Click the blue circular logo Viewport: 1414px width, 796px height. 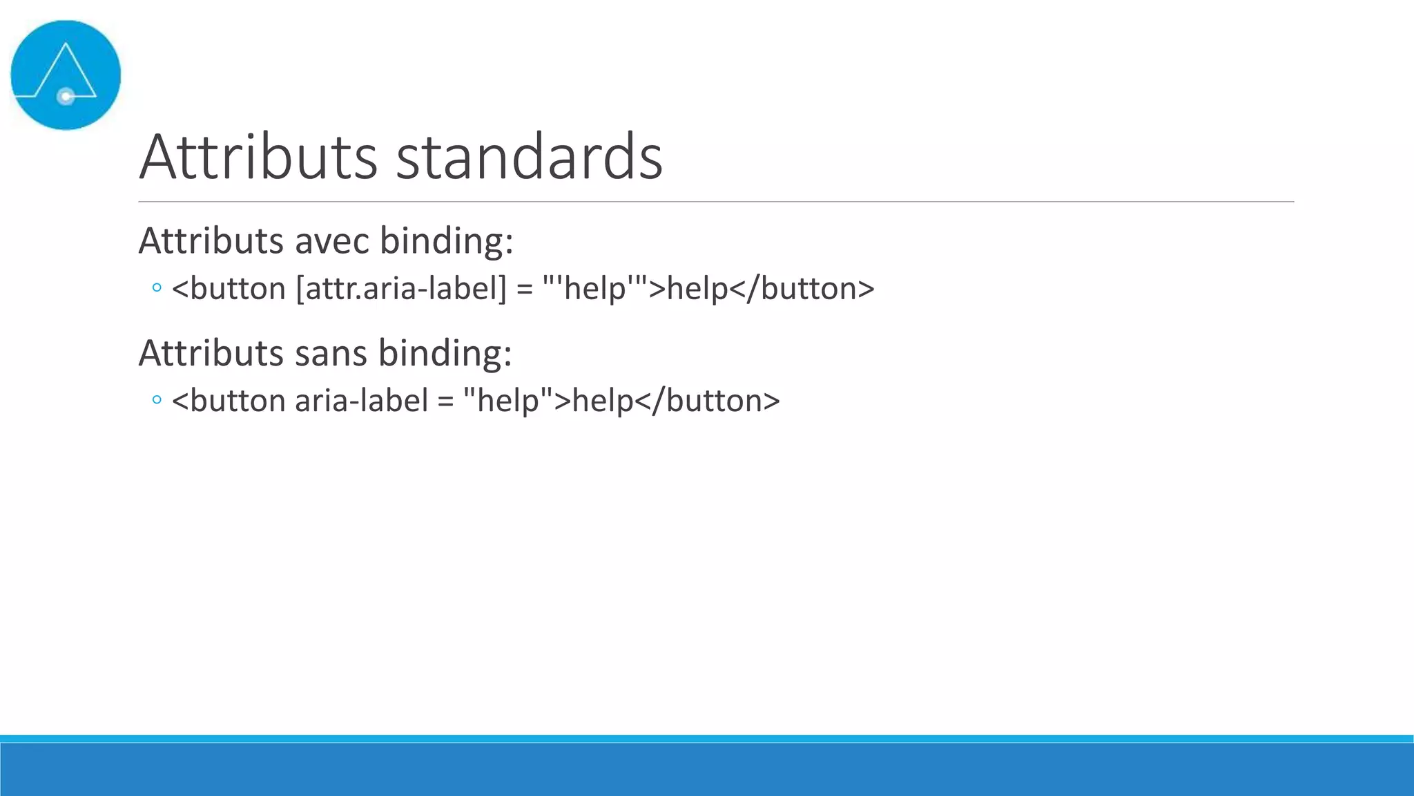(x=66, y=75)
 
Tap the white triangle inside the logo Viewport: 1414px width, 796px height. (x=66, y=69)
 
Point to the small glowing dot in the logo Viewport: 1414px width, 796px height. (x=66, y=97)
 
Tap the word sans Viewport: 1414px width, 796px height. (x=331, y=353)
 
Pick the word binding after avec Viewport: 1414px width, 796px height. (x=446, y=241)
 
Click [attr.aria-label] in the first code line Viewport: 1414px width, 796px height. (x=401, y=288)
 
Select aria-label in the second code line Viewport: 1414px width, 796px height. (x=362, y=401)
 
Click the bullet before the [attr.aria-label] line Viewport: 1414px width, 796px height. (x=157, y=287)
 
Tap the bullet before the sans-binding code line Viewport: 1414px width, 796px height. (x=157, y=399)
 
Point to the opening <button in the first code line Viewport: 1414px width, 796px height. (x=229, y=288)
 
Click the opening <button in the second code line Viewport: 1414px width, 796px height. (x=229, y=401)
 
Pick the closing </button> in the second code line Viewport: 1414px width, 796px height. (x=708, y=401)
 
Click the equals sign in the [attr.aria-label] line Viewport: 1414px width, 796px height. (x=525, y=289)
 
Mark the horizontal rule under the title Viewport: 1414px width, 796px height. (x=716, y=202)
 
